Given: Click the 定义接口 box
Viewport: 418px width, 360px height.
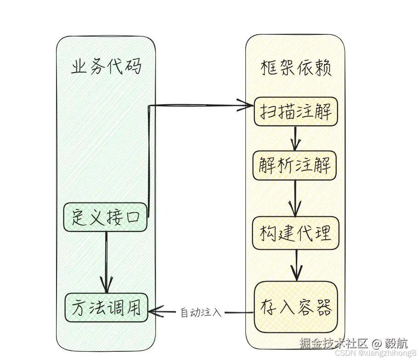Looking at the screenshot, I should tap(105, 217).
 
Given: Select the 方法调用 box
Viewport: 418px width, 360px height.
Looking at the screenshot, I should tap(106, 307).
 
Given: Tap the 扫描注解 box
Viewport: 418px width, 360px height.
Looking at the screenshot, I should tap(295, 112).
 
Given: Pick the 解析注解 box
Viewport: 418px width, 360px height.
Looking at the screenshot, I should tap(294, 165).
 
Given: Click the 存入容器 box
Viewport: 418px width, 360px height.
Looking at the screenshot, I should tap(296, 307).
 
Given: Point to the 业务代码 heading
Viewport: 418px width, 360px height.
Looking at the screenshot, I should tap(106, 67).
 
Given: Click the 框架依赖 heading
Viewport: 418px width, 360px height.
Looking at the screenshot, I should tap(296, 68).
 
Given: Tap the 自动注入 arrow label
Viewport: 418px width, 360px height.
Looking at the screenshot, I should tap(201, 313).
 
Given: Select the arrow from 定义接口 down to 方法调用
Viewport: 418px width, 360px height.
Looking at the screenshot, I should tap(107, 262).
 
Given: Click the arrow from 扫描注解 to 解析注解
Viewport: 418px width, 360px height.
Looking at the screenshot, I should tap(295, 138).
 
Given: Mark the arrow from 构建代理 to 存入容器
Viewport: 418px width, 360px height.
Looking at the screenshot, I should tap(296, 265).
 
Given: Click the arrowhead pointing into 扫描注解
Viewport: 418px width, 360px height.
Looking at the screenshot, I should tap(248, 106).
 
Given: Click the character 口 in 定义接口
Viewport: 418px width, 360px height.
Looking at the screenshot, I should tap(136, 217).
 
